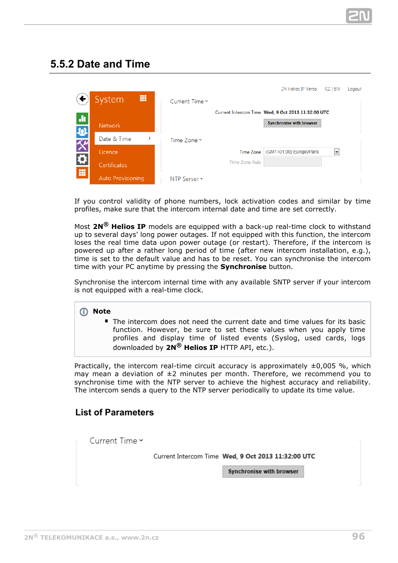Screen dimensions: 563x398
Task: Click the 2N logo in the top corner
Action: (359, 16)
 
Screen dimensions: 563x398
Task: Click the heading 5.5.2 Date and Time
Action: (100, 64)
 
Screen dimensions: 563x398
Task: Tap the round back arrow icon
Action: (82, 99)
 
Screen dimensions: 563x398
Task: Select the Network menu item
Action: (109, 126)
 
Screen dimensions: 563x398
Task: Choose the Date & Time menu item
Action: (115, 139)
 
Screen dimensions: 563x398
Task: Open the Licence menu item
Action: (108, 152)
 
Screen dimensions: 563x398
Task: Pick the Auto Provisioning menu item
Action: (121, 178)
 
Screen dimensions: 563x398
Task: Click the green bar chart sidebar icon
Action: (82, 118)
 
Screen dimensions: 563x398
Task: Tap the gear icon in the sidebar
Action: (82, 159)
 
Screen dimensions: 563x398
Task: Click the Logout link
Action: (355, 89)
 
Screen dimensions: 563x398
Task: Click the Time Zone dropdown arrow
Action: (337, 152)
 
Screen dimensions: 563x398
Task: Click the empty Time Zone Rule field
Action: (292, 162)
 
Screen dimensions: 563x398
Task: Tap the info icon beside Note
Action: (84, 312)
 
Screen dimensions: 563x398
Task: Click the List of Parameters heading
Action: (114, 412)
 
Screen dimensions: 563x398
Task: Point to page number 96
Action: (358, 536)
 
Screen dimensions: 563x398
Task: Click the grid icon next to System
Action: (143, 98)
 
